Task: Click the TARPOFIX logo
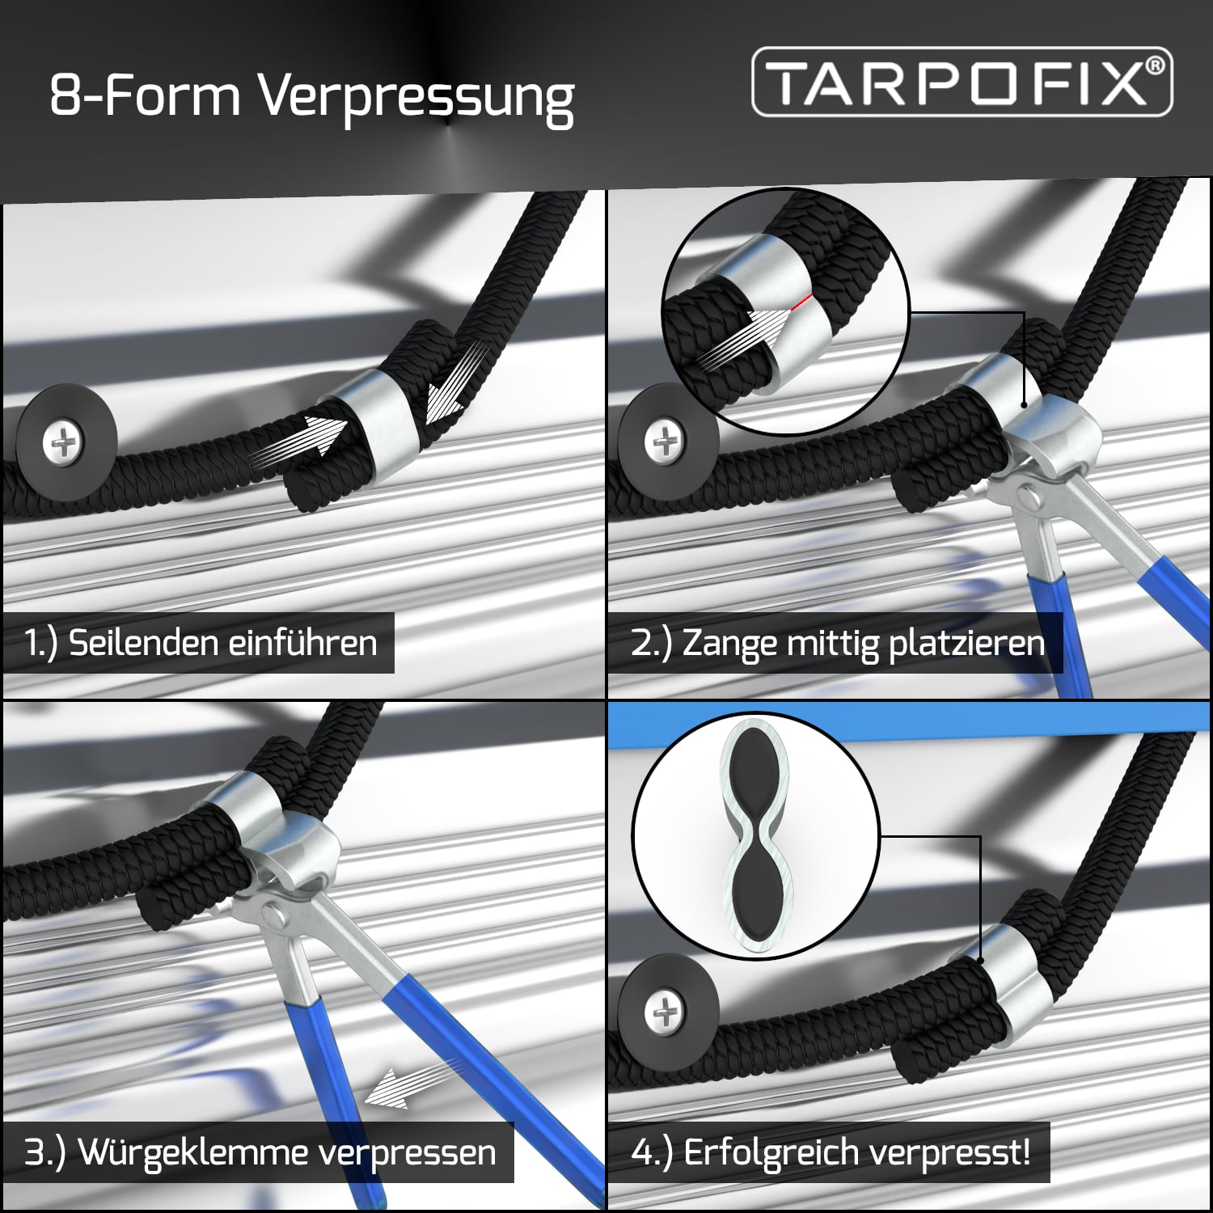point(962,82)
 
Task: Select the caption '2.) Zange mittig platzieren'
point(837,643)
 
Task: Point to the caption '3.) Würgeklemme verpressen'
point(260,1152)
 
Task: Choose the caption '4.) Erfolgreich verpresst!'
point(831,1152)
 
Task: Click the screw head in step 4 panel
point(665,1012)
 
